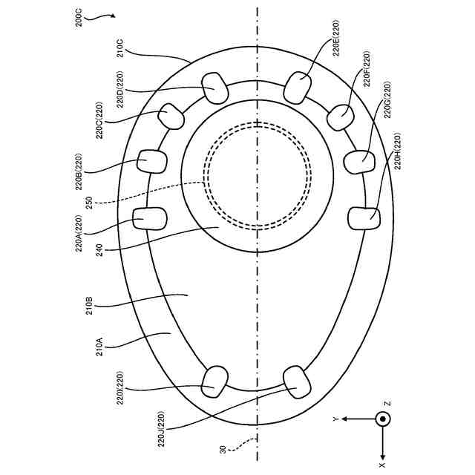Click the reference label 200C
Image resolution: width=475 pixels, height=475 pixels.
click(79, 18)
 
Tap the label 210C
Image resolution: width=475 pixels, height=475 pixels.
click(120, 47)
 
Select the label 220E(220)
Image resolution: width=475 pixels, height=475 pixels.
click(336, 38)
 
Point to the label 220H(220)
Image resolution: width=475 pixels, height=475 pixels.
click(398, 151)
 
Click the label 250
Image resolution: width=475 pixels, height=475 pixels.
click(89, 203)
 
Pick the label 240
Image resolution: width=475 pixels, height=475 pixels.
click(99, 250)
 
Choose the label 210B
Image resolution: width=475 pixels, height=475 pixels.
click(90, 305)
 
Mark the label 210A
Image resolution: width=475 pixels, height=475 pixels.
click(99, 347)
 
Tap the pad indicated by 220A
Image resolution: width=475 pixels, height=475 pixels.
click(150, 219)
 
